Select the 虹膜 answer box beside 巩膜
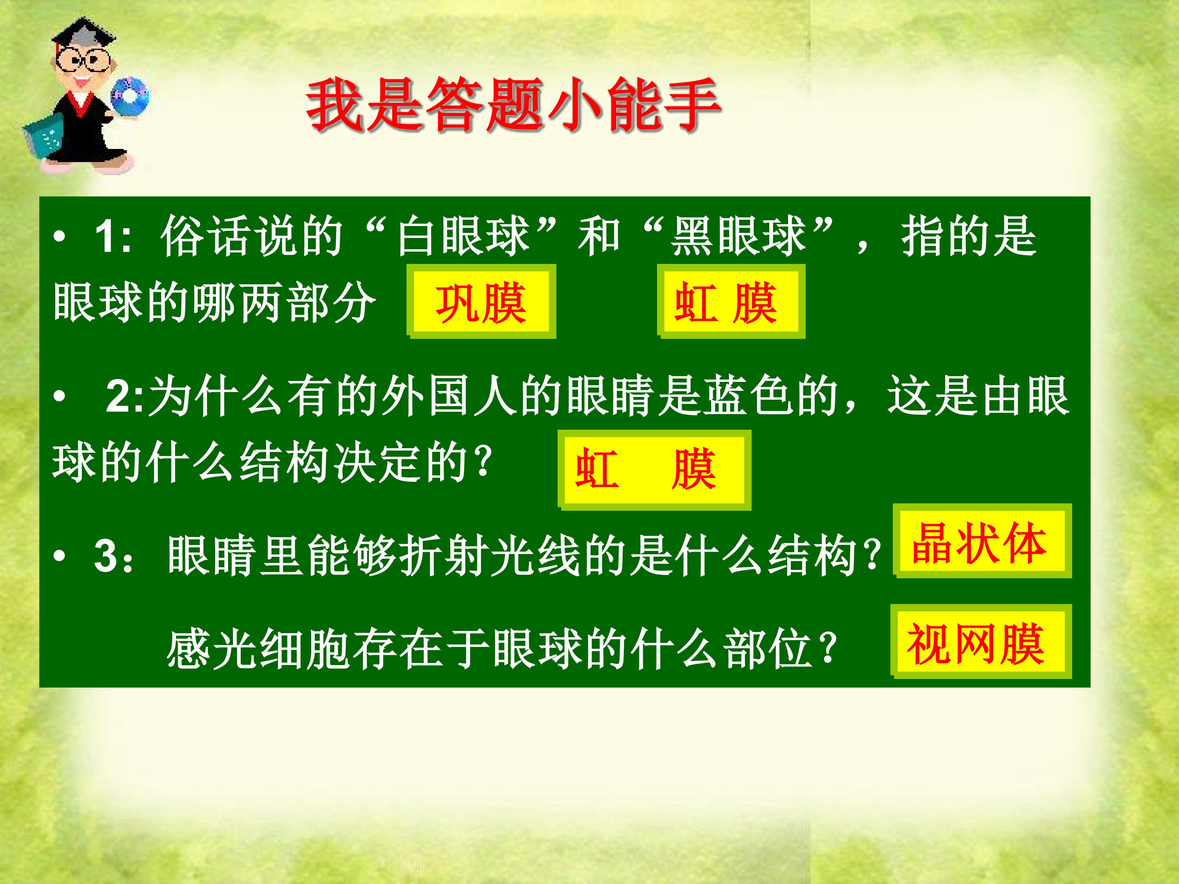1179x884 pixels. pos(731,302)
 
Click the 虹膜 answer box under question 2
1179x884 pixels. pos(655,469)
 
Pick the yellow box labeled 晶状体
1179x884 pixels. pos(981,541)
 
